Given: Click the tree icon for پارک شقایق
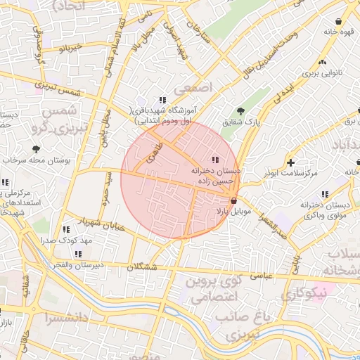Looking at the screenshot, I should (241, 110).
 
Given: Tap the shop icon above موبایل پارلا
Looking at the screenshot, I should (233, 200).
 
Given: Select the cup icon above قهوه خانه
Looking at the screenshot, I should (340, 21).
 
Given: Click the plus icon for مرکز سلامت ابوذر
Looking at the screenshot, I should (290, 162).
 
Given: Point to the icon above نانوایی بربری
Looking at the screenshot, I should (322, 62).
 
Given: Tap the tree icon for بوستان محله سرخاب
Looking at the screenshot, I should (37, 148).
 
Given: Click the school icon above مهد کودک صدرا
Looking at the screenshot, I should (66, 229).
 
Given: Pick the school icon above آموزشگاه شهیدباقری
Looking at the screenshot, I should (162, 100).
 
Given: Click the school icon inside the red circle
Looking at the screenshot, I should (214, 159).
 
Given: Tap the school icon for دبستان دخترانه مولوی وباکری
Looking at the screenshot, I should (324, 194).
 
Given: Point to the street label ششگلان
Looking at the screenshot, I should (143, 267).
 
